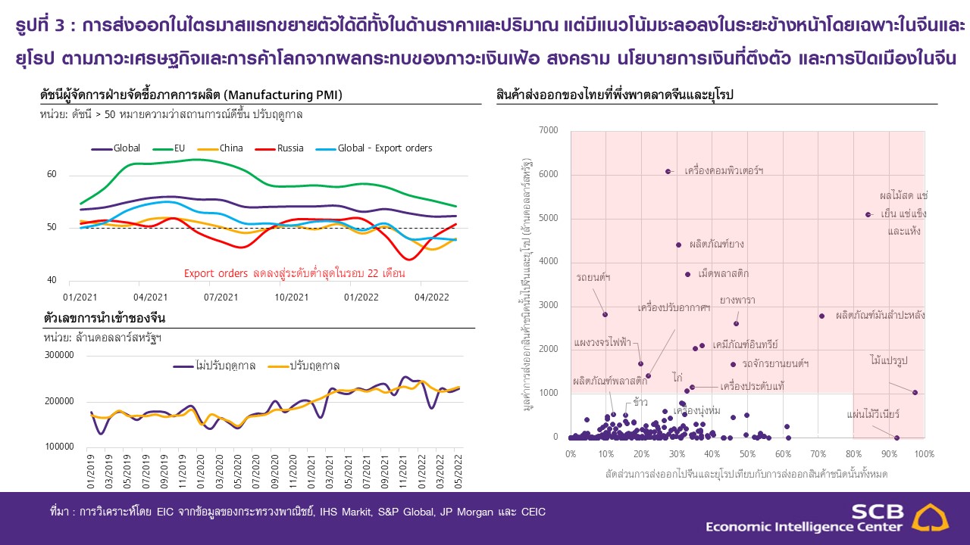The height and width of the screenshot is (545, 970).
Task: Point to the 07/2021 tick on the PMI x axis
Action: (x=221, y=297)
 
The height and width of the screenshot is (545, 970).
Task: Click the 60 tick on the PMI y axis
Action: (x=52, y=175)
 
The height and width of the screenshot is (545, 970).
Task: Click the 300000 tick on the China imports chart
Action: (x=58, y=355)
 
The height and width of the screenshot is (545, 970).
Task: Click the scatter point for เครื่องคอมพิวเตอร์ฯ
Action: (x=668, y=171)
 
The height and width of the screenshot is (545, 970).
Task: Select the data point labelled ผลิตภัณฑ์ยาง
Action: (x=678, y=244)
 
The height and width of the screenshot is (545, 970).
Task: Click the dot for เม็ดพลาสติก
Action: (x=687, y=274)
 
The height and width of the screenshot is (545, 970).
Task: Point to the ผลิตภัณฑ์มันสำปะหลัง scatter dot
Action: (x=821, y=316)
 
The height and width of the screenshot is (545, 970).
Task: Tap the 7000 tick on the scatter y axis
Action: (x=548, y=131)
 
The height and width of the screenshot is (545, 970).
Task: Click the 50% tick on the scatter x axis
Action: (x=747, y=454)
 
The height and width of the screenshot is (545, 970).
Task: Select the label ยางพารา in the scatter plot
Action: (x=737, y=300)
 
